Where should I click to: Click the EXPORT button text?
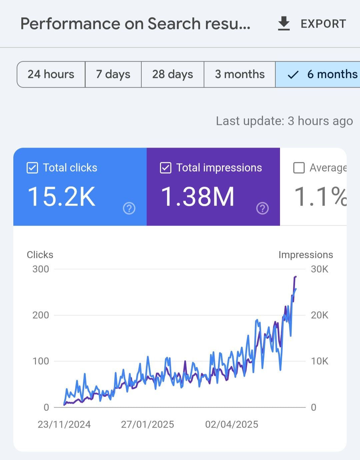[x=323, y=24]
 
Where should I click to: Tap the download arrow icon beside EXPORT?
[x=284, y=24]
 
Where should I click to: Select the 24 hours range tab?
[x=51, y=74]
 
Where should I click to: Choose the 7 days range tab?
[x=113, y=74]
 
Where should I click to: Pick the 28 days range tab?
[x=172, y=74]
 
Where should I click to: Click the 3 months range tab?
[x=240, y=74]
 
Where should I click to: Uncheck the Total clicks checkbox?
[x=32, y=168]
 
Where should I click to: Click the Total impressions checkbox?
[x=166, y=168]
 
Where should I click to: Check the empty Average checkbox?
[x=299, y=168]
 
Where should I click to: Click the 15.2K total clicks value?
[x=62, y=197]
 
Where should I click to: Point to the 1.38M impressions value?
[x=198, y=197]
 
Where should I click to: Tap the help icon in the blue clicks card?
[x=129, y=208]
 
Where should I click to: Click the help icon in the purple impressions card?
[x=262, y=208]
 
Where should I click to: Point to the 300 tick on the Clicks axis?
[x=41, y=269]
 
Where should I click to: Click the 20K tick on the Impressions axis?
[x=319, y=315]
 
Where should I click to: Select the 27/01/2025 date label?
[x=147, y=424]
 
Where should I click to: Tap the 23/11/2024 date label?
[x=64, y=424]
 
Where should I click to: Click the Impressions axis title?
[x=306, y=255]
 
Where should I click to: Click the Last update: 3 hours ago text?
[x=284, y=121]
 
